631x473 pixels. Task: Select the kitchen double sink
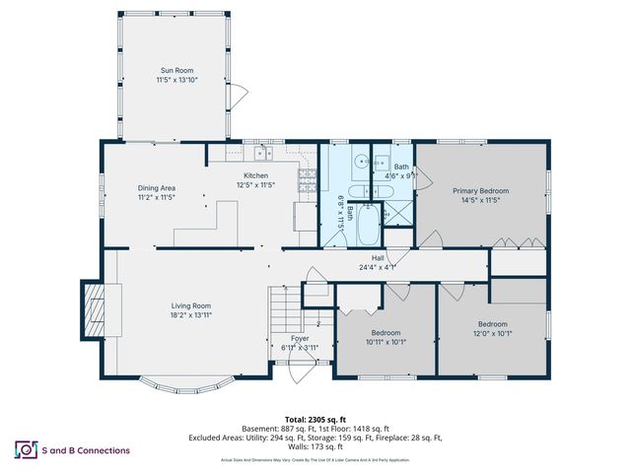pos(263,153)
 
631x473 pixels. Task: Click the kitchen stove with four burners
pos(307,181)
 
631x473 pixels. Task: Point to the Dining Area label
pos(156,187)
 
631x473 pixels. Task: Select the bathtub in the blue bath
pos(368,226)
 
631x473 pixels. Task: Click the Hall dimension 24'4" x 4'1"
pos(377,266)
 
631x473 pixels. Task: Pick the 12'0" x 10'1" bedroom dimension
pos(492,333)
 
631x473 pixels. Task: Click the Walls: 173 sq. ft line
pos(315,447)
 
